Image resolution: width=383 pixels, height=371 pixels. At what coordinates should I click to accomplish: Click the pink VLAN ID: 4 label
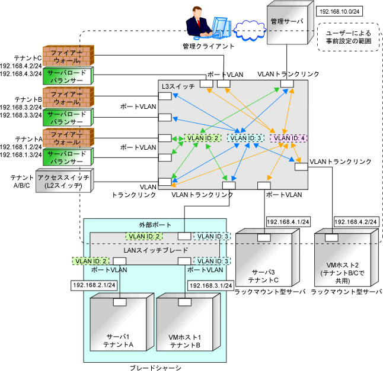click(288, 138)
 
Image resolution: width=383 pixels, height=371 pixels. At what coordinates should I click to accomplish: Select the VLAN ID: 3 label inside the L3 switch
click(245, 138)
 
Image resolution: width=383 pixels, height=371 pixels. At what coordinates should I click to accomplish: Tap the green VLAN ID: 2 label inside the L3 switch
click(203, 138)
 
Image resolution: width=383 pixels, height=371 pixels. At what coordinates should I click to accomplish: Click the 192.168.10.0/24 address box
click(339, 11)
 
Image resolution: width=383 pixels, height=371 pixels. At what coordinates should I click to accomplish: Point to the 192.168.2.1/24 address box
click(94, 285)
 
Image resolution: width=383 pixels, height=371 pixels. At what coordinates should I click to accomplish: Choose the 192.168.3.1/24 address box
click(211, 285)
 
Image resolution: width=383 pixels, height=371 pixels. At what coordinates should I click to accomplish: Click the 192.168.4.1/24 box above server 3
click(288, 222)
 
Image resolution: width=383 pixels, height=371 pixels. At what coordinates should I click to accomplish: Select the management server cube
click(290, 22)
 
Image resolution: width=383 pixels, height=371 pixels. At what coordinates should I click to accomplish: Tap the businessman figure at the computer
click(199, 23)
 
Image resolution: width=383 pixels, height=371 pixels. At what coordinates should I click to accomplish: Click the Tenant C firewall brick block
click(68, 56)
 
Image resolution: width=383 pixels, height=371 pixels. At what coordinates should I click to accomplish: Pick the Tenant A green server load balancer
click(68, 157)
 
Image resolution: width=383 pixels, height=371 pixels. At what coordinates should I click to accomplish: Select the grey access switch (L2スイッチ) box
click(65, 180)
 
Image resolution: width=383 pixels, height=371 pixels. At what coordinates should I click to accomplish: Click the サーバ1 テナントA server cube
click(122, 322)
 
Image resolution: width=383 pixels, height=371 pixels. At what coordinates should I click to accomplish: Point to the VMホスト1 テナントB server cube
click(189, 322)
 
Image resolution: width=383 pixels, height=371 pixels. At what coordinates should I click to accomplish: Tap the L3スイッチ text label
click(178, 86)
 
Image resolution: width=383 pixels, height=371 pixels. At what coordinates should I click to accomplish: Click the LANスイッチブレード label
click(156, 250)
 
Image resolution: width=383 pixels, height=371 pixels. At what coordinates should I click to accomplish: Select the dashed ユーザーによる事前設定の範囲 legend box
click(348, 37)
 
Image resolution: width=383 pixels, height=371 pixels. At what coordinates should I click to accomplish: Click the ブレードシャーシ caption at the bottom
click(155, 367)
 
